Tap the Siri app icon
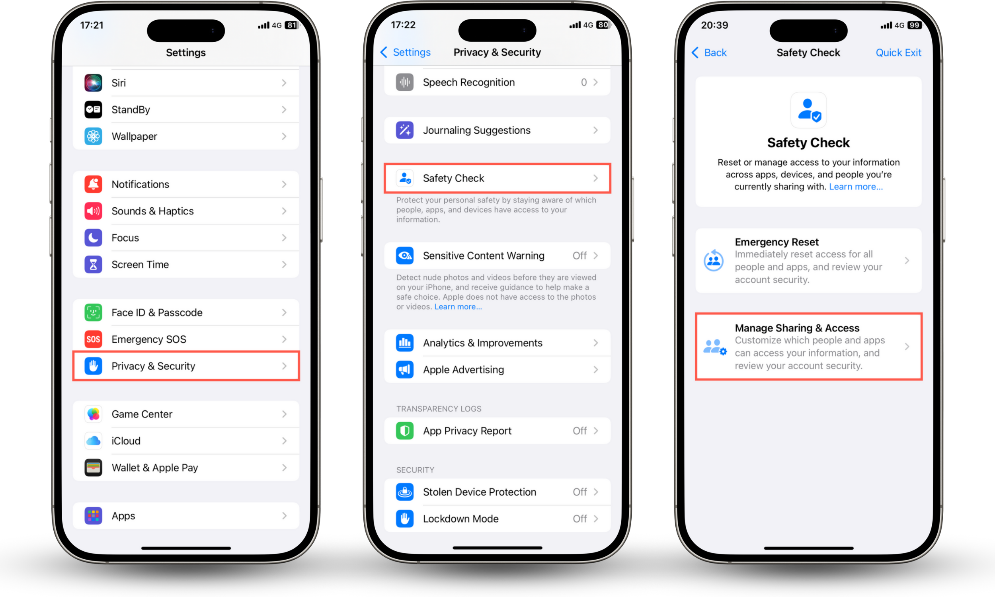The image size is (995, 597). (x=93, y=83)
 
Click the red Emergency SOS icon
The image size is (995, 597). (x=93, y=339)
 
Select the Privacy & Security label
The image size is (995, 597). (x=153, y=366)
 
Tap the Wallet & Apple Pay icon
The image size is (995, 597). (x=93, y=468)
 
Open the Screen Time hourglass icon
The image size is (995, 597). (x=93, y=264)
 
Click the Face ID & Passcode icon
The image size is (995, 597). (x=93, y=312)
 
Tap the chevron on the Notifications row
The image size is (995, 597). (x=284, y=184)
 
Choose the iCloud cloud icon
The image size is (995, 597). (x=93, y=441)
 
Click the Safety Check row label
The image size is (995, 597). (x=453, y=178)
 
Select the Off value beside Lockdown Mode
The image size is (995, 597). (x=579, y=519)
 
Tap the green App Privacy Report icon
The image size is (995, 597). (x=405, y=431)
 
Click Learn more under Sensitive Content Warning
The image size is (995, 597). (x=458, y=306)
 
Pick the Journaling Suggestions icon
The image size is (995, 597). (x=405, y=130)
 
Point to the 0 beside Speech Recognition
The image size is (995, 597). (x=583, y=82)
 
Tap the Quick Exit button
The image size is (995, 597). (x=898, y=53)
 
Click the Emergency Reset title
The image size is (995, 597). (x=776, y=242)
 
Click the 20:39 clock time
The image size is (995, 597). (x=714, y=25)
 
